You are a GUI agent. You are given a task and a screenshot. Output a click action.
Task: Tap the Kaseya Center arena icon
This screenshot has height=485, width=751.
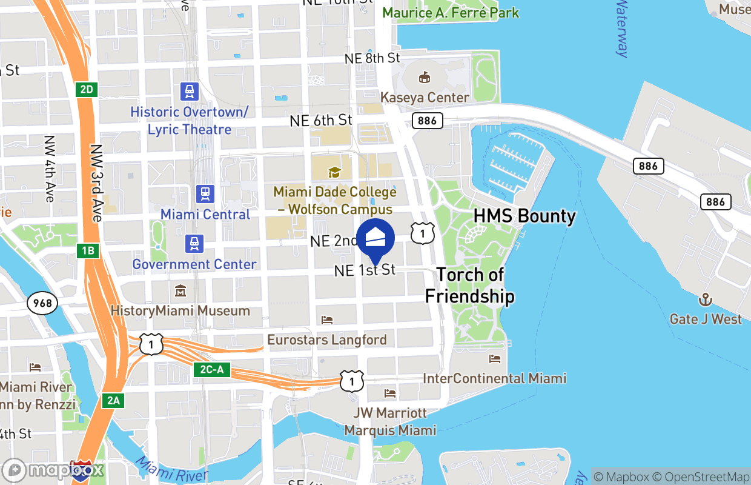click(425, 78)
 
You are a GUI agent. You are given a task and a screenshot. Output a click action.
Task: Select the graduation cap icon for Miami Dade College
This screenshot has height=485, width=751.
click(334, 173)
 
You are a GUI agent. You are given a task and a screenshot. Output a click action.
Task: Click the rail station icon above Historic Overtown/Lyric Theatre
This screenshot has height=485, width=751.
click(190, 92)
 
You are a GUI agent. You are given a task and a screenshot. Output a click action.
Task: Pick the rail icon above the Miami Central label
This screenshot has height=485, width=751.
click(205, 194)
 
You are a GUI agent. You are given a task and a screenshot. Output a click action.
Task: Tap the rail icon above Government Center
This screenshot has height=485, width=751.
click(194, 244)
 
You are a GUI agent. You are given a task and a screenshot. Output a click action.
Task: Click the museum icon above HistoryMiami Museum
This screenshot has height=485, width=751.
click(180, 292)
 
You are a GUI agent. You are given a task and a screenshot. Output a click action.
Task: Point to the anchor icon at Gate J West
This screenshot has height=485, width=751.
click(705, 299)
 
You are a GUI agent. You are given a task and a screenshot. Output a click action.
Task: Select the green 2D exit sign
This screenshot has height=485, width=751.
click(87, 90)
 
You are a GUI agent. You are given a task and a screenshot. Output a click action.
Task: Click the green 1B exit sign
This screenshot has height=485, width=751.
click(87, 250)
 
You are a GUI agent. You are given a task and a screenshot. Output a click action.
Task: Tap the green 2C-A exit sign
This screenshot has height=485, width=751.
click(212, 369)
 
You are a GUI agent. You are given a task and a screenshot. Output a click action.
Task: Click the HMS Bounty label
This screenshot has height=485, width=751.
click(524, 216)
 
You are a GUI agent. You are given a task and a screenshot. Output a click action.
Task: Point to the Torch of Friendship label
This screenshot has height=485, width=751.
click(470, 286)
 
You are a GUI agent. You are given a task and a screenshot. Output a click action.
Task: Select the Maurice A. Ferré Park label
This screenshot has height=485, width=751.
click(451, 12)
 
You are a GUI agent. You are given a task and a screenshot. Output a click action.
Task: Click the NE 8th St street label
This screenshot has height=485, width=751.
click(372, 58)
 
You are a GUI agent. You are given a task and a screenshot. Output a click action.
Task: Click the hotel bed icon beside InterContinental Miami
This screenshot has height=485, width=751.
click(495, 359)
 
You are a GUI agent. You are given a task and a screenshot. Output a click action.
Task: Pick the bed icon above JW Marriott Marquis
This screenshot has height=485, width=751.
click(390, 393)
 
